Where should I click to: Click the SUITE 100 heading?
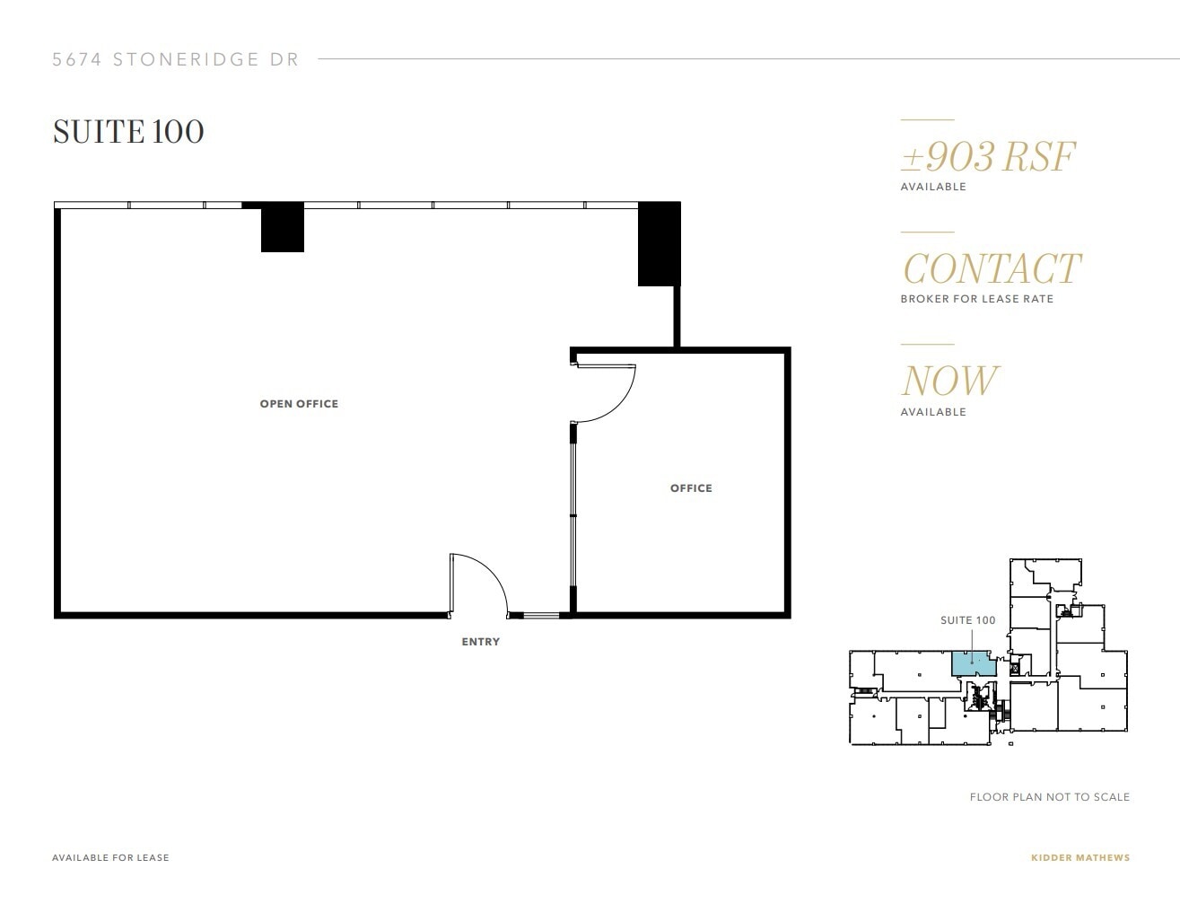coord(128,132)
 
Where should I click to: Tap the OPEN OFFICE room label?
coord(299,404)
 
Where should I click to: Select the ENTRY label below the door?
coord(480,642)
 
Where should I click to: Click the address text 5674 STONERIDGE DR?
coord(176,60)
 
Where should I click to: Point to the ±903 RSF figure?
coord(988,157)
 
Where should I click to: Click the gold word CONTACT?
coord(992,268)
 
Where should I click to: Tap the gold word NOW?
coord(949,381)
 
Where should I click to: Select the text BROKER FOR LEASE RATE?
coord(976,299)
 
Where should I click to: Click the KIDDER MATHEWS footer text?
coord(1080,857)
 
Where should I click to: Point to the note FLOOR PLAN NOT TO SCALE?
coord(1049,797)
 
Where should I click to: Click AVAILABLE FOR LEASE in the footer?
coord(110,857)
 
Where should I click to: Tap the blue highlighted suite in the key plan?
coord(972,663)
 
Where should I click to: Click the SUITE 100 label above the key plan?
coord(967,620)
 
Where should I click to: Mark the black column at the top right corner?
coord(659,244)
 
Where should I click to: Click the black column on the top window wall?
coord(283,228)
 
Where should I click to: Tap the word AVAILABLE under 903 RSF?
coord(933,187)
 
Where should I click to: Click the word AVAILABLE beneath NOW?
coord(933,412)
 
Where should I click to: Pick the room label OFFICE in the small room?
coord(691,488)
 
